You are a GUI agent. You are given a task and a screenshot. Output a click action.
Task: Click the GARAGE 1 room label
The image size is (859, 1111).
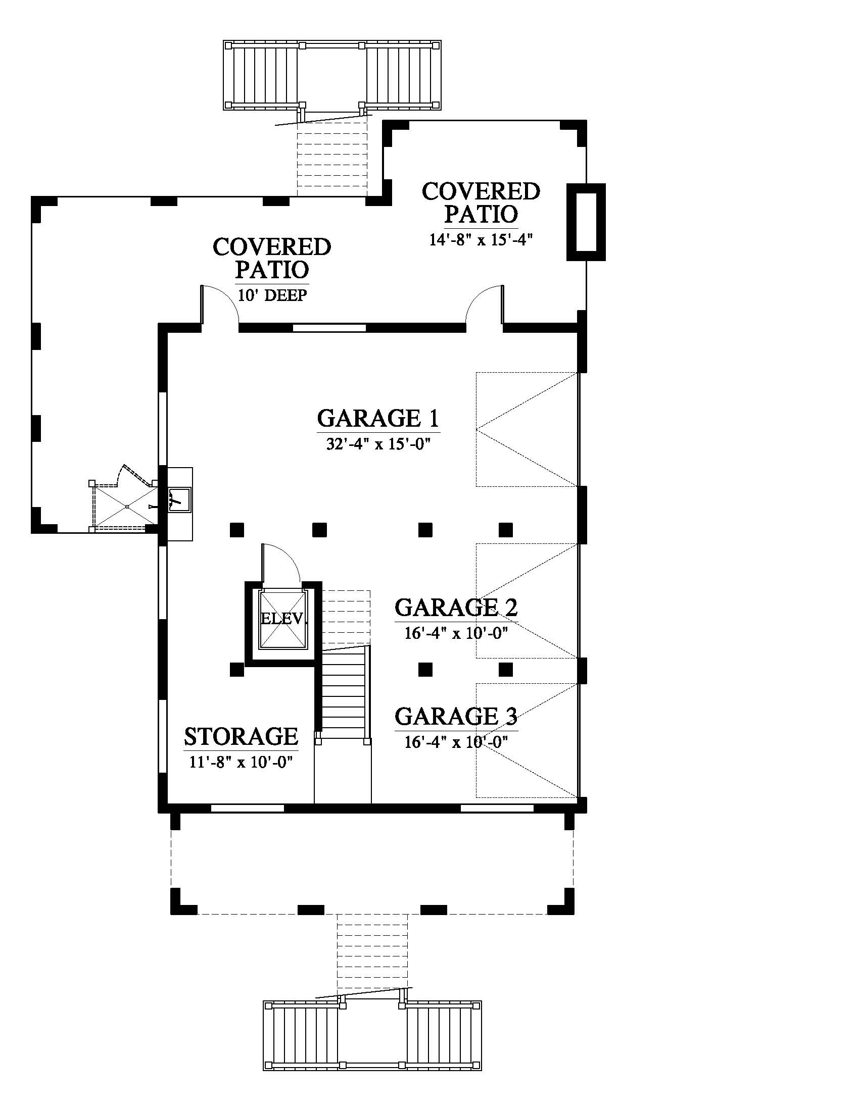tap(378, 419)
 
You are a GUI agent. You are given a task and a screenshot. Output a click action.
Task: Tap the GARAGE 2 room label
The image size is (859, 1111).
tap(456, 607)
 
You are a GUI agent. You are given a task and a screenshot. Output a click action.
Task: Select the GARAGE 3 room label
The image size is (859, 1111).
tap(456, 716)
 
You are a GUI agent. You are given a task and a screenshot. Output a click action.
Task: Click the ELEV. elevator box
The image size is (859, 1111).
tap(284, 619)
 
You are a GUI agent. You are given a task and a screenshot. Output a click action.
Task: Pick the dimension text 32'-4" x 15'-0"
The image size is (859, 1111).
tap(378, 444)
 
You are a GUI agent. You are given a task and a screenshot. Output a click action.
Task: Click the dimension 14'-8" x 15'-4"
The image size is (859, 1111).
tap(481, 239)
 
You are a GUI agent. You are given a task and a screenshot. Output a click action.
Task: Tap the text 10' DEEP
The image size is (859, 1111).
tap(272, 295)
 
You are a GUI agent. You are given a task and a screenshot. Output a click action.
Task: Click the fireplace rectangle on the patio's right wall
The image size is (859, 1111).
tap(586, 222)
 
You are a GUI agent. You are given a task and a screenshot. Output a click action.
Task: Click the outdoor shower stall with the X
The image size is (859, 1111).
tap(125, 507)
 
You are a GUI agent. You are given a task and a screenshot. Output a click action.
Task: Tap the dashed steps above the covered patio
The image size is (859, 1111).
tap(332, 158)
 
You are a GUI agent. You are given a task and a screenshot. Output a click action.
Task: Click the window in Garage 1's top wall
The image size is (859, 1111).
tap(330, 328)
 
